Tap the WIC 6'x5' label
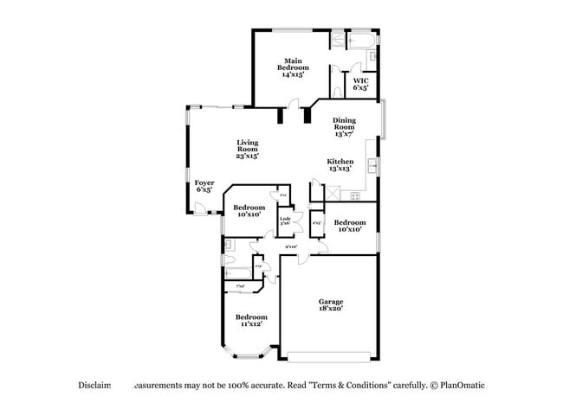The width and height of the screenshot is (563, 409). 360,84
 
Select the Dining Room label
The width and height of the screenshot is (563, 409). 345,127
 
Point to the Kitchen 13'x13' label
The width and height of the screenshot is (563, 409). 339,165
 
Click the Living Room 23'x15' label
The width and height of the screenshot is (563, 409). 248,149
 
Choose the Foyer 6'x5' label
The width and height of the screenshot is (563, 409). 204,186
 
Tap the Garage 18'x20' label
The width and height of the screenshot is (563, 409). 331,304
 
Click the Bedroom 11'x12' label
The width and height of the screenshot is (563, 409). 252,321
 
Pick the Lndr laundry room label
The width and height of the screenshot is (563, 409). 284,221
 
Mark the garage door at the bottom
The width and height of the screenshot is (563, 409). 332,356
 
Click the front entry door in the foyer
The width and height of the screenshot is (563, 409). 199,208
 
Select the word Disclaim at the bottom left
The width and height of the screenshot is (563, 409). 93,385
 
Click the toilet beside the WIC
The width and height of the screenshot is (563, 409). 335,90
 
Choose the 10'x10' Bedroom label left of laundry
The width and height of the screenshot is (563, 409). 249,210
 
